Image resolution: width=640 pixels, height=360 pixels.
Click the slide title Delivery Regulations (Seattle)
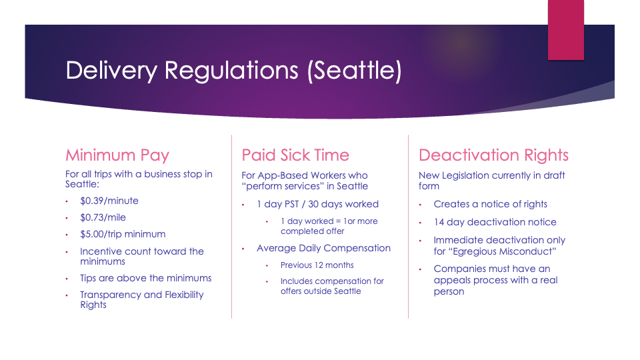[233, 71]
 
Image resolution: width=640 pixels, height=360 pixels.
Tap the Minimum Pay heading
[117, 155]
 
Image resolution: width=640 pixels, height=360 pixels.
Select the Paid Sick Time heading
[295, 155]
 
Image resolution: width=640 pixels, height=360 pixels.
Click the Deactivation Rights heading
[493, 155]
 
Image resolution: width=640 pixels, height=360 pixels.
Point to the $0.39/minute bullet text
[109, 201]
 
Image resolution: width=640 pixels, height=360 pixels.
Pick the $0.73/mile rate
[103, 217]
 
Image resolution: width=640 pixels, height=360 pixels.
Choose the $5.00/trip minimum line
[123, 234]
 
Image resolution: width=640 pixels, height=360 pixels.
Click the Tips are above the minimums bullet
[146, 278]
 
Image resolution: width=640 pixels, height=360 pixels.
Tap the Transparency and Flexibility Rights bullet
[141, 299]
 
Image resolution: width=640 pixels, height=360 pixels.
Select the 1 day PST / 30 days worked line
[317, 204]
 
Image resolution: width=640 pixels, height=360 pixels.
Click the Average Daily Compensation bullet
[324, 248]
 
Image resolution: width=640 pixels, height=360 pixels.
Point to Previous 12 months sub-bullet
[317, 265]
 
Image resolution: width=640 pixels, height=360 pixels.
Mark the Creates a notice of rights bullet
[490, 204]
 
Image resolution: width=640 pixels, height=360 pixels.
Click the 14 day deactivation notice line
[495, 222]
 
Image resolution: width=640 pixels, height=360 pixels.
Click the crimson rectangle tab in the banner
[566, 30]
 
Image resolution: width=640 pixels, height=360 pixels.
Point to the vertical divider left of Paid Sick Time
[232, 227]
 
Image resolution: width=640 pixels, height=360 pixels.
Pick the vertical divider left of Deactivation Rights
[408, 227]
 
